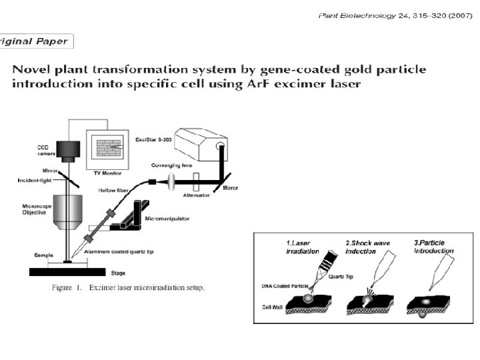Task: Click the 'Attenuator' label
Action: (197, 195)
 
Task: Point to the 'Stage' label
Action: (117, 273)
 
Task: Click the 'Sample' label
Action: (44, 255)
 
